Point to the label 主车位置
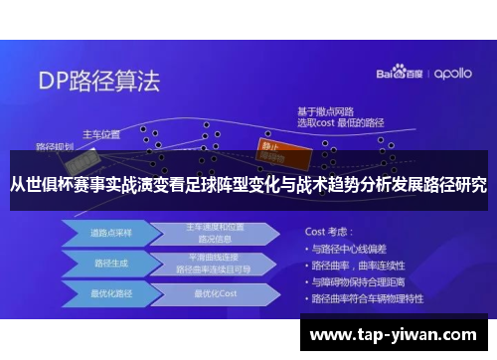tap(100, 132)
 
